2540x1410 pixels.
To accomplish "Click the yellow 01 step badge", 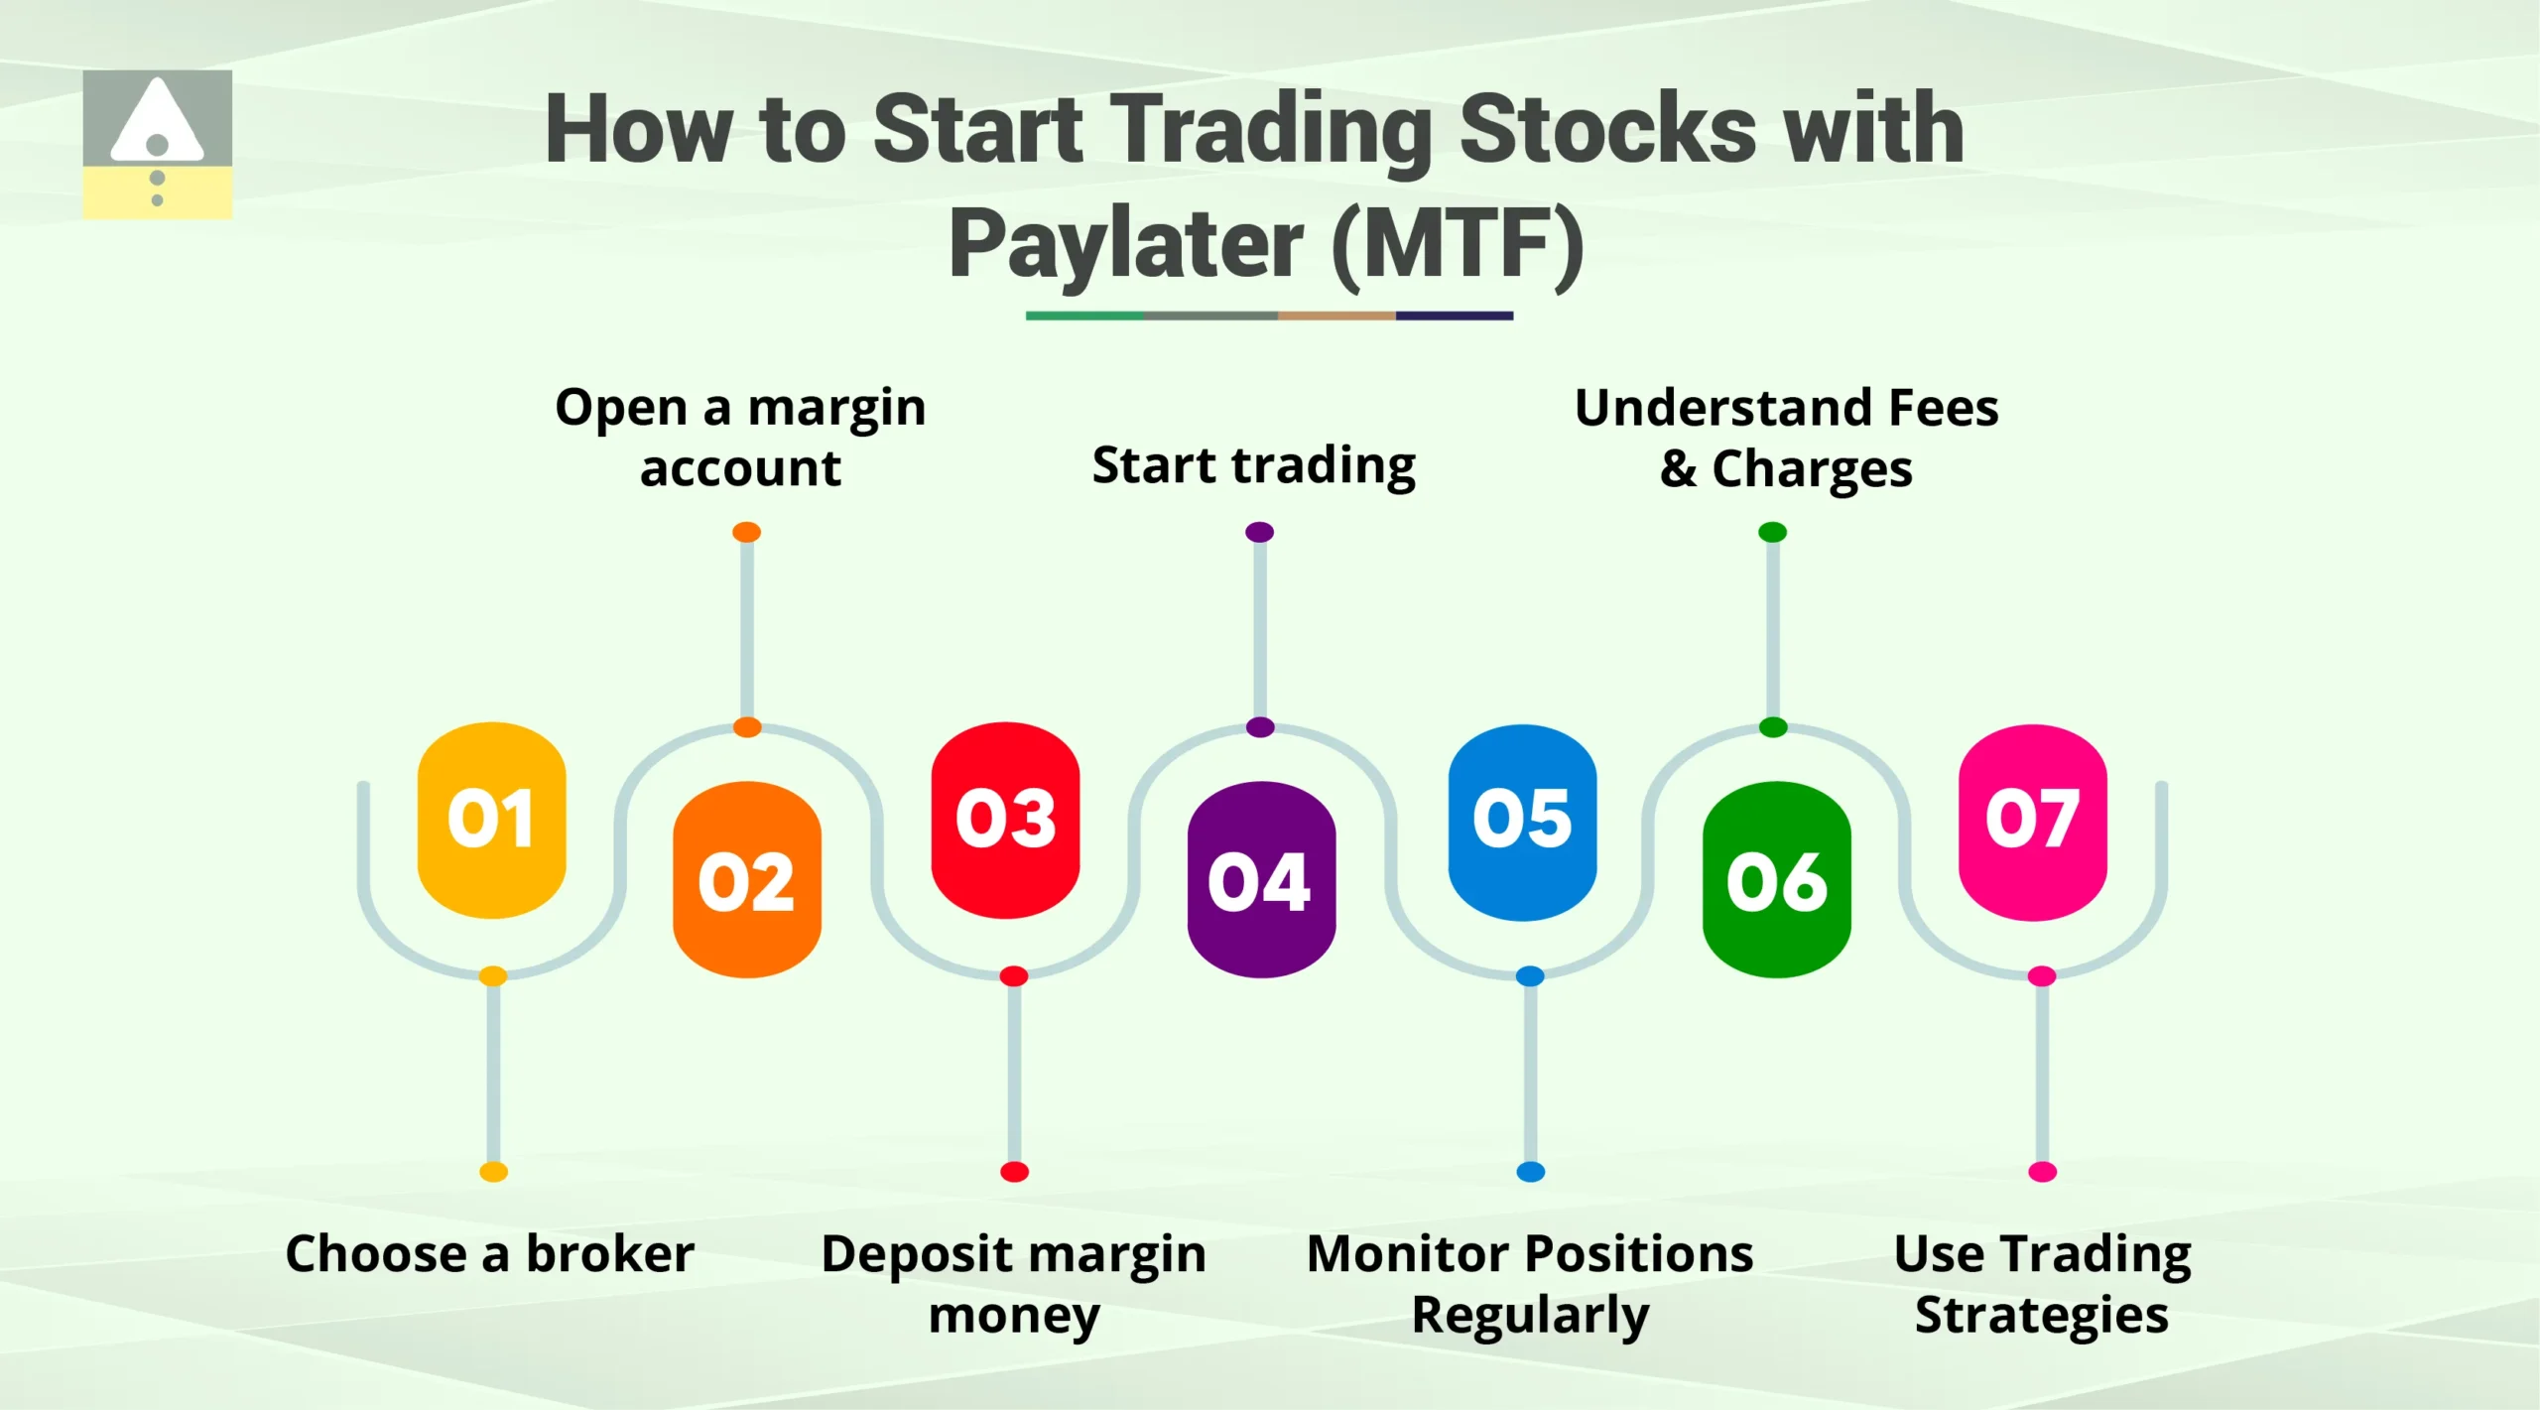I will (491, 820).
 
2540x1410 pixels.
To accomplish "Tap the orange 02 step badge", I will (746, 880).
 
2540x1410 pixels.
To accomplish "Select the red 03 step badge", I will (1005, 820).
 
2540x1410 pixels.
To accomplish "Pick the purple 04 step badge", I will (1260, 880).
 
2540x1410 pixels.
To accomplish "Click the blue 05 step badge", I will (1522, 821).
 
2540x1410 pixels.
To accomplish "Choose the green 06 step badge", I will (1776, 880).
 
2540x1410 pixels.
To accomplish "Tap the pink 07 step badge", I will (2032, 821).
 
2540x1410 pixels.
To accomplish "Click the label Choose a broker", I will (489, 1253).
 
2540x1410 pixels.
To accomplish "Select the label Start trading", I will (1254, 465).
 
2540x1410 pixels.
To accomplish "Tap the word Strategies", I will (2041, 1316).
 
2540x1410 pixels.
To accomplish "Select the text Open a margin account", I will (740, 437).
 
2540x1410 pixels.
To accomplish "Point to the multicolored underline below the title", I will (1269, 316).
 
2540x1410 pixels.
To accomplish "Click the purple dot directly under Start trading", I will (1259, 532).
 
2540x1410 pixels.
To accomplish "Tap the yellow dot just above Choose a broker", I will (493, 1172).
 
